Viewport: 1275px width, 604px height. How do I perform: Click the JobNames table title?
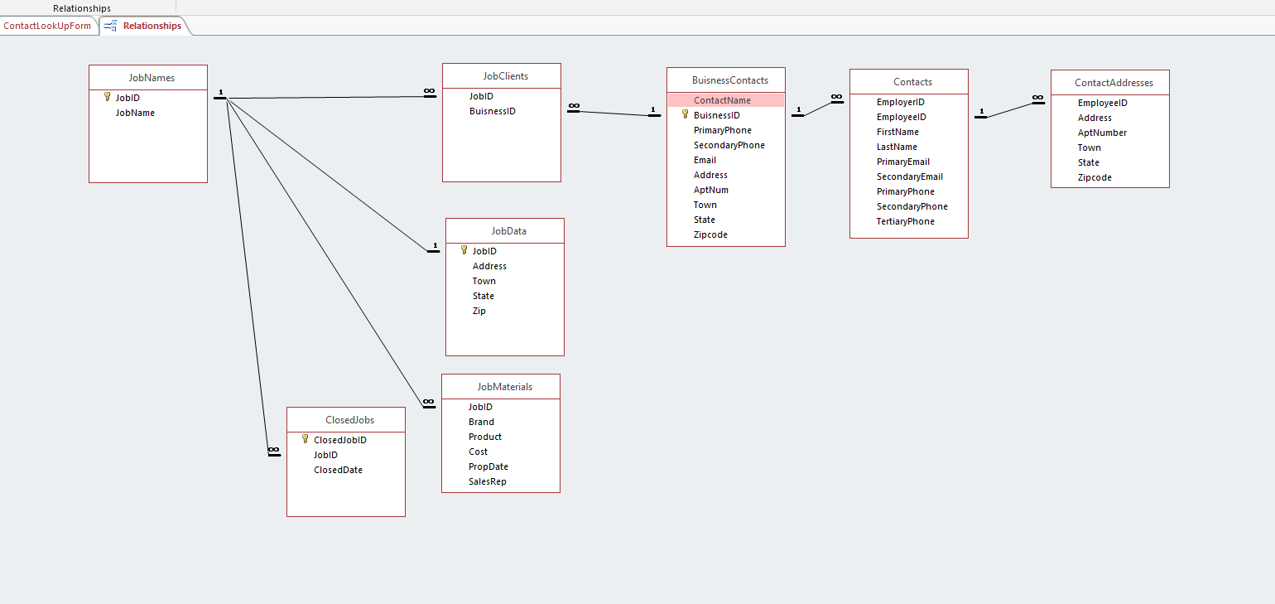pos(152,78)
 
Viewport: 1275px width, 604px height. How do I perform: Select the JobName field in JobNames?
pos(135,113)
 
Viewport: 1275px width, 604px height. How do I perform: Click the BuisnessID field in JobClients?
pos(492,111)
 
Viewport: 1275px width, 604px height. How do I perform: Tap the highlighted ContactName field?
pos(722,100)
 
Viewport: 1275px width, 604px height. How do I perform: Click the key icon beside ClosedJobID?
pos(305,440)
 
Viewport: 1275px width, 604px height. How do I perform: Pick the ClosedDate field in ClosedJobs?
pos(338,470)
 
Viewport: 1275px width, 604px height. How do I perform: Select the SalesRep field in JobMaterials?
pos(487,481)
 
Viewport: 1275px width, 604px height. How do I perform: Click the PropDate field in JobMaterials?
pos(488,466)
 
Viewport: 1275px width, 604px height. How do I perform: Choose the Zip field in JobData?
pos(479,311)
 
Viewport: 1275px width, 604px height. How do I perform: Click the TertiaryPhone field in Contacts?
pos(905,221)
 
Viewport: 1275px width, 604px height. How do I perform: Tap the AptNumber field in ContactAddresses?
pos(1102,133)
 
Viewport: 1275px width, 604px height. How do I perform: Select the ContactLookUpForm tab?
pos(47,26)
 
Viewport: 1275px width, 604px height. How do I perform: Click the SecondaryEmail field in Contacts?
pos(909,176)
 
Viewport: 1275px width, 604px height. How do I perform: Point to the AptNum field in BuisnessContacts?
pos(710,190)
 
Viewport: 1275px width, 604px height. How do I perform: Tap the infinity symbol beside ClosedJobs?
pos(274,450)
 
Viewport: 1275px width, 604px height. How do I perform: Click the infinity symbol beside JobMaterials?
pos(428,403)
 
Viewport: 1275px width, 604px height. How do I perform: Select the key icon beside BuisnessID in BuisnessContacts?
pos(685,115)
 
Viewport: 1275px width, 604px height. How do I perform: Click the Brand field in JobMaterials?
pos(480,422)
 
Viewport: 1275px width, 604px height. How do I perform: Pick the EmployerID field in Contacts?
pos(900,102)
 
